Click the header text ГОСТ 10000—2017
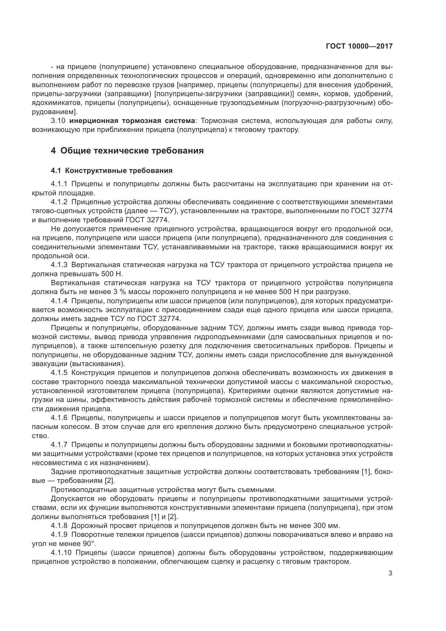tap(359, 46)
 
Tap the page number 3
tap(390, 573)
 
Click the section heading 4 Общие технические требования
tap(127, 151)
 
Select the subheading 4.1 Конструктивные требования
tap(112, 171)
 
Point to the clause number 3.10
tap(58, 121)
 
